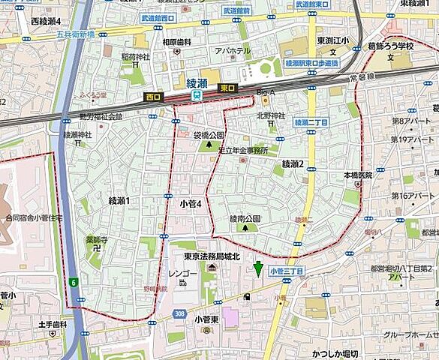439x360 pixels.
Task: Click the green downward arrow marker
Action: pos(259,268)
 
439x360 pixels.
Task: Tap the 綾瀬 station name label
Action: pos(197,82)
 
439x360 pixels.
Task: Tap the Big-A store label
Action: pos(266,92)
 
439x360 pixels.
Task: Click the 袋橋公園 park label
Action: pos(209,135)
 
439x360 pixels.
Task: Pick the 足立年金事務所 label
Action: pos(243,149)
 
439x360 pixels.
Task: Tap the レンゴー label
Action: pos(183,274)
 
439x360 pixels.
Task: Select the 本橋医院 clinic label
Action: pos(358,175)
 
